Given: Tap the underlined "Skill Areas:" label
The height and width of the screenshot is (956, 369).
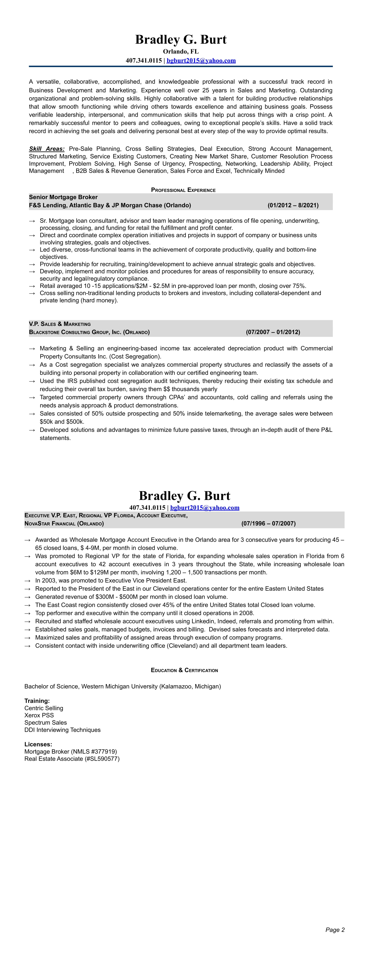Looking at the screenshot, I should pyautogui.click(x=47, y=149).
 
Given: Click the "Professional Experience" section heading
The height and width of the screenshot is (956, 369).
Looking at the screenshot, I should pyautogui.click(x=183, y=190).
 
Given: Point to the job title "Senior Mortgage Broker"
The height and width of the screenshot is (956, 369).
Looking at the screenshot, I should pyautogui.click(x=63, y=197).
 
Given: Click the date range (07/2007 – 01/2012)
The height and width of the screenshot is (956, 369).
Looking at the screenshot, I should pyautogui.click(x=273, y=332).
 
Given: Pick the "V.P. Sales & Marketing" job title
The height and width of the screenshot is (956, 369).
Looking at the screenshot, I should pyautogui.click(x=60, y=324).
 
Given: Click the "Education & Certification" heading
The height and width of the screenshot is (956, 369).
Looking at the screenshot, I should pyautogui.click(x=184, y=670).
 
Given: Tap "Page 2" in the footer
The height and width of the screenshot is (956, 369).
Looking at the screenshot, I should pyautogui.click(x=335, y=930).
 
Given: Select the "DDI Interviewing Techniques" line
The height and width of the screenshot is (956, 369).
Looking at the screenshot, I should pyautogui.click(x=62, y=730).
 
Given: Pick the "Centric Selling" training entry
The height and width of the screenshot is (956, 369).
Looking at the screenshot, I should pyautogui.click(x=44, y=708).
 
